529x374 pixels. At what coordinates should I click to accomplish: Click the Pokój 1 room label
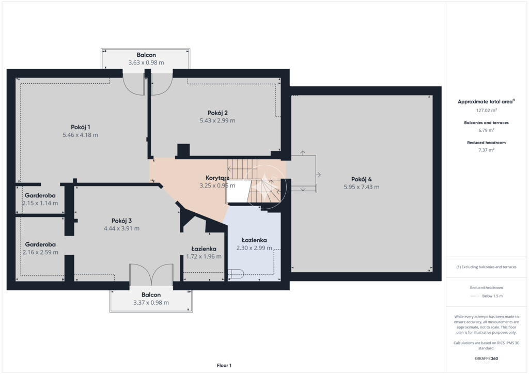click(80, 127)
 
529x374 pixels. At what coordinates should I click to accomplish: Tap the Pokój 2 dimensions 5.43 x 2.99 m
click(217, 120)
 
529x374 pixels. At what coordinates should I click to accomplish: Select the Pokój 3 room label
click(121, 221)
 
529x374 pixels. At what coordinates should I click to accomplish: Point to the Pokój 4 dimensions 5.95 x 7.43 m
click(361, 187)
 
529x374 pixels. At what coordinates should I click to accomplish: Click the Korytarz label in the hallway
click(217, 178)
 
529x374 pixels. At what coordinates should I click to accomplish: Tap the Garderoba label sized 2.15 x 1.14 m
click(40, 196)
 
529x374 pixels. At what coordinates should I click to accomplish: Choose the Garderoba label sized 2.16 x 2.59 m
click(40, 244)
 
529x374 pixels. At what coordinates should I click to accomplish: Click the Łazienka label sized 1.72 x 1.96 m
click(204, 249)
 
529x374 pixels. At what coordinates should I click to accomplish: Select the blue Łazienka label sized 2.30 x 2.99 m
click(254, 240)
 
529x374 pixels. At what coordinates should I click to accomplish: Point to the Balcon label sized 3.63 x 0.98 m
click(146, 55)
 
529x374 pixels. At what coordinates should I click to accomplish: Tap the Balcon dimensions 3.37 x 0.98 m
click(151, 303)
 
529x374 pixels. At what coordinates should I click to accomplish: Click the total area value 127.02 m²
click(486, 110)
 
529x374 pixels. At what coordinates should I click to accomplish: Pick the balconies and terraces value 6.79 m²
click(486, 130)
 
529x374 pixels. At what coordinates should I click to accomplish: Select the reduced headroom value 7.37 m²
click(486, 150)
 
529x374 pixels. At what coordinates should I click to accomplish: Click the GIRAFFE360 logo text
click(486, 359)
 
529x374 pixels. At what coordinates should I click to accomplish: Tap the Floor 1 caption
click(224, 366)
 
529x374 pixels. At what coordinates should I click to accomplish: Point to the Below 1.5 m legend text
click(492, 296)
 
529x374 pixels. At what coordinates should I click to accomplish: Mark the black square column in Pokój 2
click(183, 150)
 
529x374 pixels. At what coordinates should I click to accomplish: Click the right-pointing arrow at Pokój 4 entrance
click(318, 175)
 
